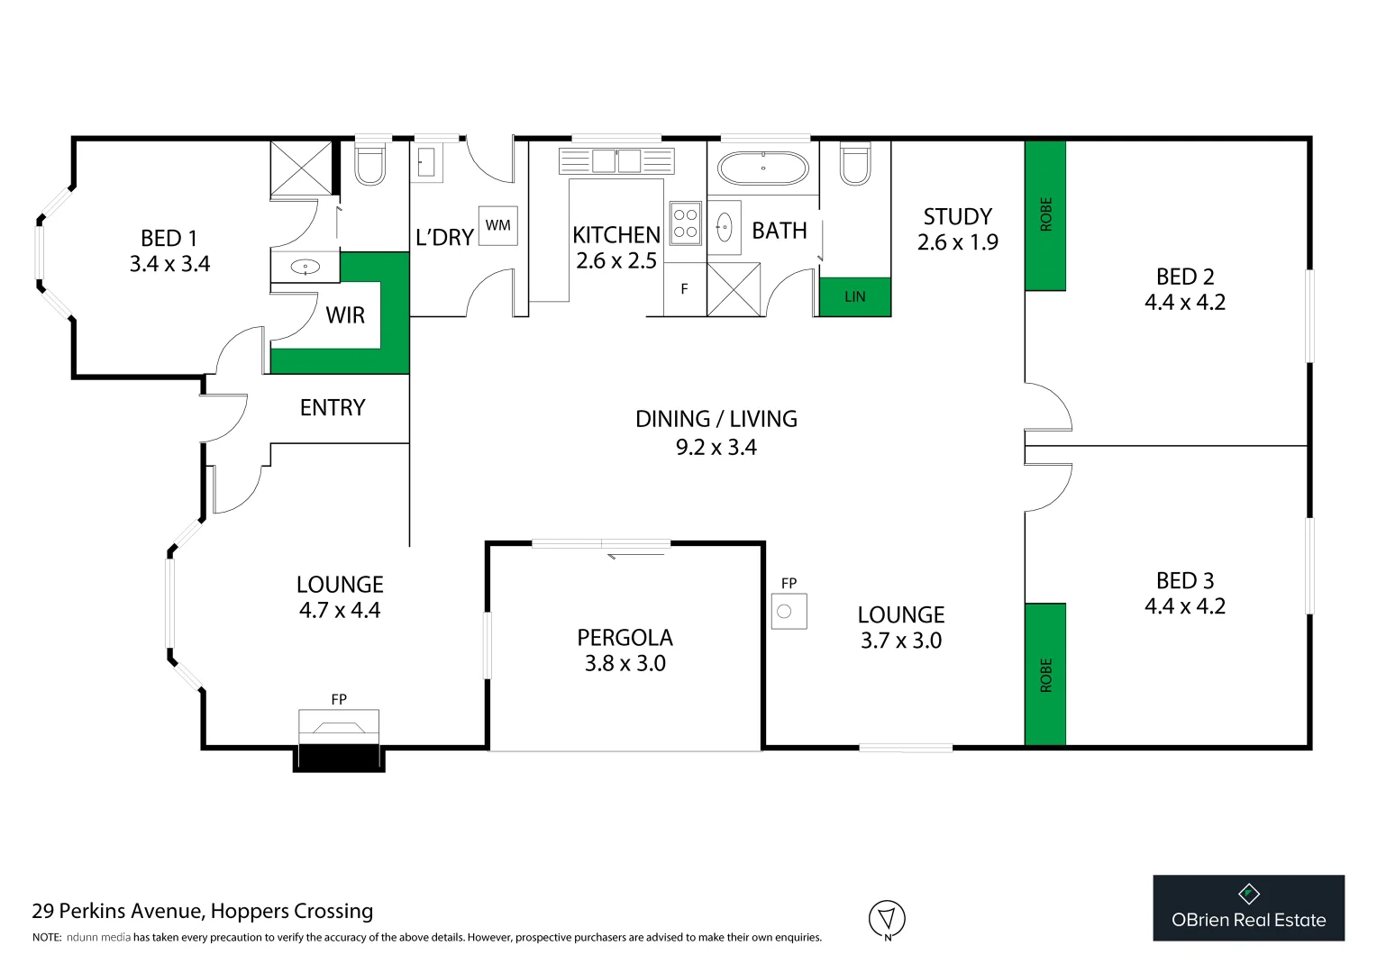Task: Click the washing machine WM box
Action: [x=497, y=225]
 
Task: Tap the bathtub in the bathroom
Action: [x=762, y=168]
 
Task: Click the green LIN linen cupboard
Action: [x=854, y=296]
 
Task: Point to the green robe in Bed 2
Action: [x=1045, y=215]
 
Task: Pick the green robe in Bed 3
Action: [x=1045, y=674]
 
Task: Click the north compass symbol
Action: [x=887, y=919]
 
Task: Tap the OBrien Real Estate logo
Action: [x=1248, y=908]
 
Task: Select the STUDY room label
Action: [x=957, y=217]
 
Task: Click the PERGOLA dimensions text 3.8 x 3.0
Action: [x=625, y=664]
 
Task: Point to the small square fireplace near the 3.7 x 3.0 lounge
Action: [x=789, y=612]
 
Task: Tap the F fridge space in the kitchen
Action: [x=685, y=289]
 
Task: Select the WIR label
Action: [x=345, y=315]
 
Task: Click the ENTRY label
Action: [x=333, y=408]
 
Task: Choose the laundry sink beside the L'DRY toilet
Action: [x=427, y=163]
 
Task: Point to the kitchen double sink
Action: [x=616, y=161]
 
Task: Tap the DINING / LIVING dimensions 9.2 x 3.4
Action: [x=716, y=448]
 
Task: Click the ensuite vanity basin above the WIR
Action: [x=306, y=267]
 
